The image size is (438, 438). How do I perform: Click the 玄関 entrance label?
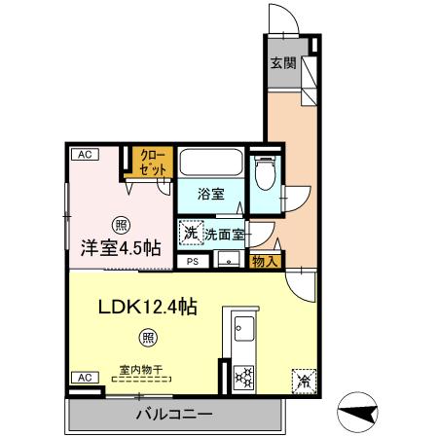tap(282, 65)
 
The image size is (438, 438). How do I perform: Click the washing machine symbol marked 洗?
tap(190, 234)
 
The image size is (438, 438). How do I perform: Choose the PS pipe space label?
tap(192, 261)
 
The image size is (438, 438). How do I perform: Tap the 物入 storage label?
tap(266, 260)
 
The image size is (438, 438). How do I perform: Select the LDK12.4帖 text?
tap(147, 307)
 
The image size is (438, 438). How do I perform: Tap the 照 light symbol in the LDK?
tap(147, 339)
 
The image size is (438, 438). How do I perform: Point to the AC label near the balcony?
tap(84, 378)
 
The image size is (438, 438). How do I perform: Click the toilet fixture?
tap(263, 174)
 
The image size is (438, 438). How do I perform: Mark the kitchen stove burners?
tap(242, 375)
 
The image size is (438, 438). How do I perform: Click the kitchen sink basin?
tap(242, 327)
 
